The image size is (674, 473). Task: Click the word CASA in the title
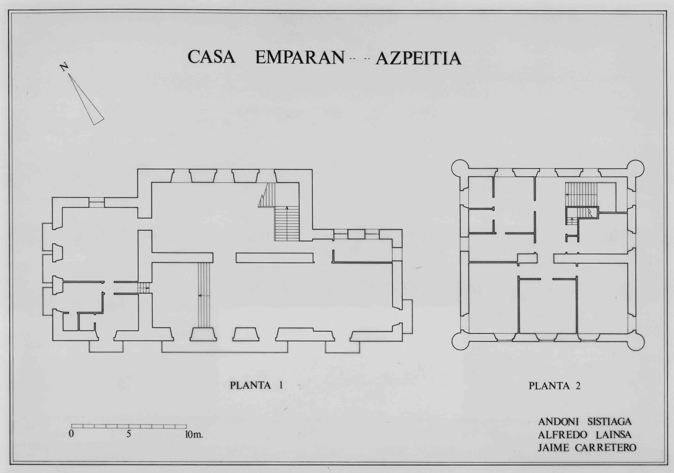(211, 57)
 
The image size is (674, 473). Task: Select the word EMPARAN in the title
(300, 57)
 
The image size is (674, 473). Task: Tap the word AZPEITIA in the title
(419, 58)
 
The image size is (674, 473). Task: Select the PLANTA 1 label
(256, 385)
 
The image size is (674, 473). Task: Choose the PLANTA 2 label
(554, 385)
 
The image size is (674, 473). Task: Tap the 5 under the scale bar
(129, 434)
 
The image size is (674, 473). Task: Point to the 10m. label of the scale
(194, 434)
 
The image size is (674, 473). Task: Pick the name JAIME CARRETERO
(587, 448)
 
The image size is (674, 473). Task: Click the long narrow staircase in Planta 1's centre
(204, 295)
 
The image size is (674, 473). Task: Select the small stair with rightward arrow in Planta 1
(144, 288)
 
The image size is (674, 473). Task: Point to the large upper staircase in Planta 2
(581, 194)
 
